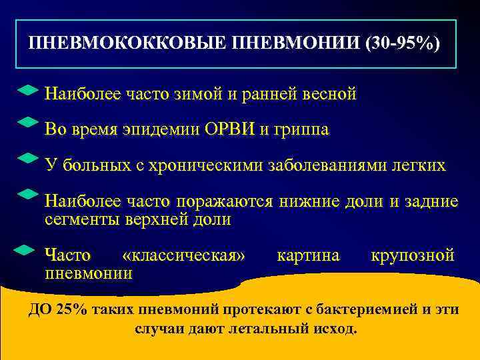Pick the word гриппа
[x=299, y=130]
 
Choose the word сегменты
[x=78, y=220]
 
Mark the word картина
[x=308, y=255]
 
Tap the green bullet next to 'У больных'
[x=27, y=159]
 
